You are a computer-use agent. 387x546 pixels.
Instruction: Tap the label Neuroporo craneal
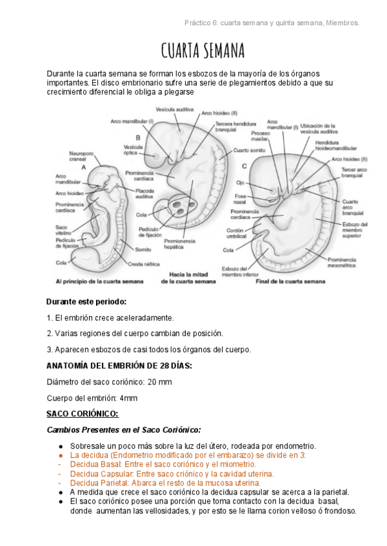81,157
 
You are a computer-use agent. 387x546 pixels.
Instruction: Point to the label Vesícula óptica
133,150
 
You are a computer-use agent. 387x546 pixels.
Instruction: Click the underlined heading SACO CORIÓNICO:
83,414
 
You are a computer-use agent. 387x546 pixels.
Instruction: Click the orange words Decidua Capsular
97,473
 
